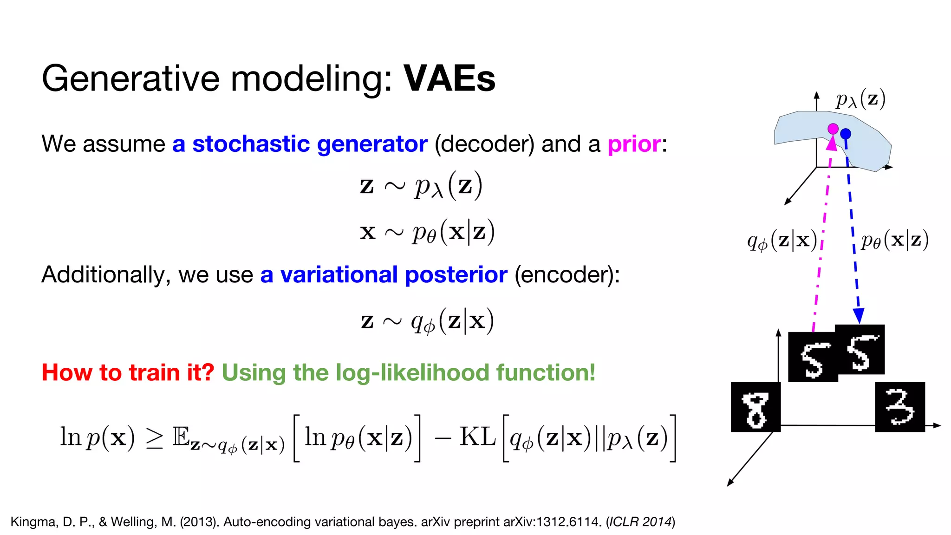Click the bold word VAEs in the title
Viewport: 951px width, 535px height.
(x=449, y=78)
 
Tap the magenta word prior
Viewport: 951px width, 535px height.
(x=634, y=144)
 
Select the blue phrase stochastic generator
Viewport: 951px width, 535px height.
(x=310, y=144)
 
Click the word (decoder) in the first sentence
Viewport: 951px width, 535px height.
(x=484, y=144)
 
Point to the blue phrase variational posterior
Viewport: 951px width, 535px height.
(x=394, y=274)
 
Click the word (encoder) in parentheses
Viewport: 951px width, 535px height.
(x=567, y=274)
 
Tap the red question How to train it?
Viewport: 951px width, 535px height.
(x=128, y=372)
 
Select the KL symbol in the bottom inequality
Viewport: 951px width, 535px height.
(x=477, y=437)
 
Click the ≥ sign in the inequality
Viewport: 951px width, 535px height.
(x=155, y=438)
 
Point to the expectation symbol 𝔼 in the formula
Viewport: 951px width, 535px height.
(x=181, y=437)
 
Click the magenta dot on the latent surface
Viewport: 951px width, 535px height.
(x=833, y=129)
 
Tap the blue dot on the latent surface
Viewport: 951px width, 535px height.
(x=846, y=134)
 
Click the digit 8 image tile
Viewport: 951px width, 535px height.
(x=756, y=407)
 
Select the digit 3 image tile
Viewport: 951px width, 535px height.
(x=899, y=407)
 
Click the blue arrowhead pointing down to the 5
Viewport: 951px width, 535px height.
(x=859, y=316)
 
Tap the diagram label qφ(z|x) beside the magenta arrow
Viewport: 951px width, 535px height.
(x=782, y=241)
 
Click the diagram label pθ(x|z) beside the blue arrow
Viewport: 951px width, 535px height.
(x=894, y=241)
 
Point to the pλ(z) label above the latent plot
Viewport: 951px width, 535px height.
(x=860, y=99)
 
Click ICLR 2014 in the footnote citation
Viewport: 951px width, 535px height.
(x=640, y=522)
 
